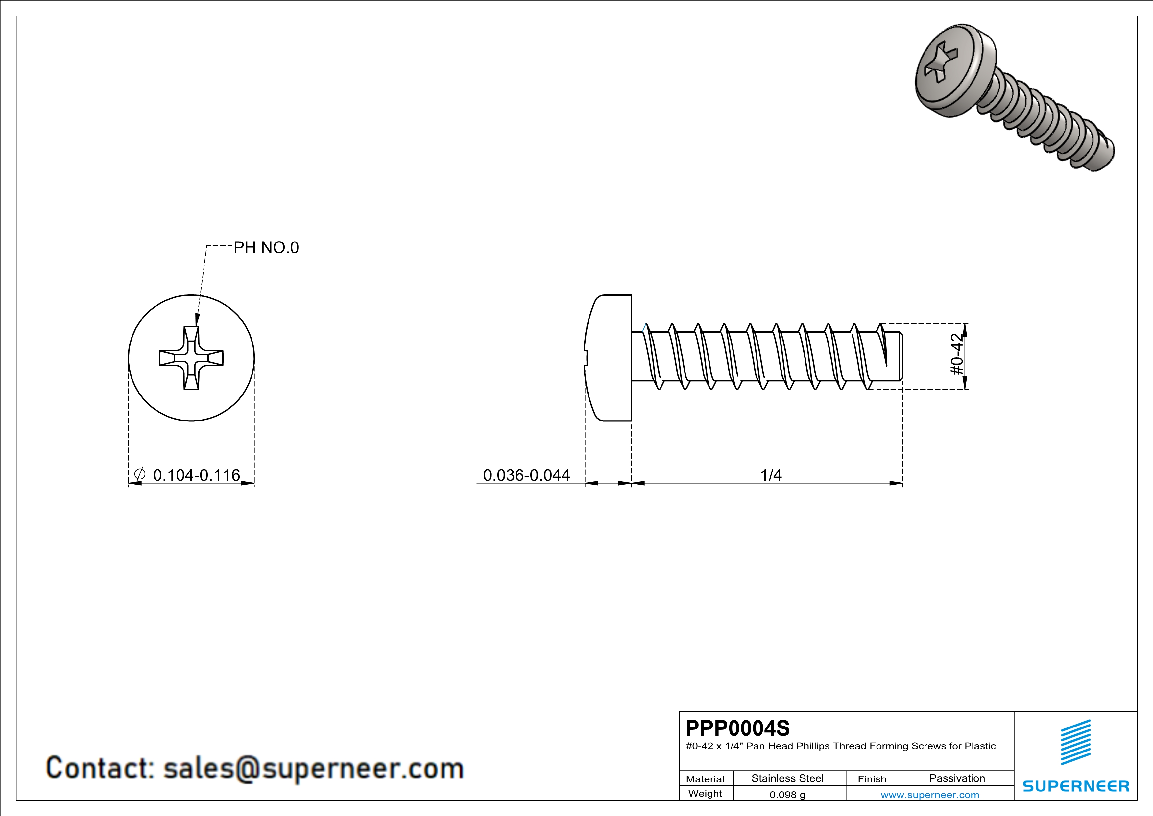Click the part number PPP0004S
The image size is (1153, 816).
737,728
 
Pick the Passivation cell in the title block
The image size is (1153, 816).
957,778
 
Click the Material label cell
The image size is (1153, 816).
705,779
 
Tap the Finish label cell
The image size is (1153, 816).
872,779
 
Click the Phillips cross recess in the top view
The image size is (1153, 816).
191,358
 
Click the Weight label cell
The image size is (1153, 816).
705,793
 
